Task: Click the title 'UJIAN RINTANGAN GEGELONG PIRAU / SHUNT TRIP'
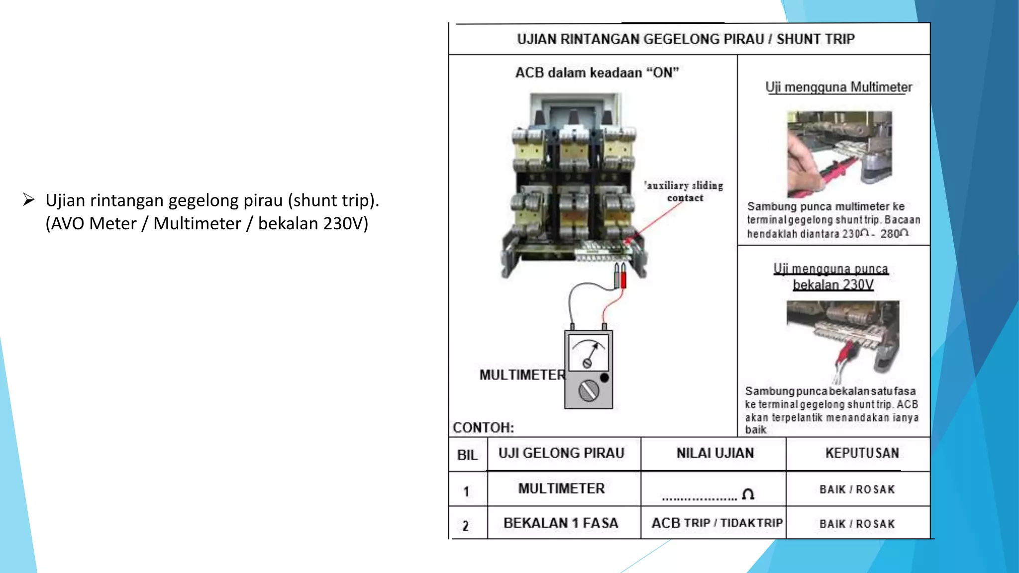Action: pos(686,39)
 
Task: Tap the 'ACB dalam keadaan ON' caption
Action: pos(597,73)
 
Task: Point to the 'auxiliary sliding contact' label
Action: pos(685,191)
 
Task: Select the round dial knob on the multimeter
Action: pos(589,390)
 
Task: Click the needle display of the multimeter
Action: pos(588,353)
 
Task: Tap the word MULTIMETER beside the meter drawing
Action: pos(522,375)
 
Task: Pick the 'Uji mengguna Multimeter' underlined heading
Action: pos(838,88)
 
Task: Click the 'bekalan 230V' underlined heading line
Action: pos(833,285)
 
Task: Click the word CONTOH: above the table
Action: pos(483,428)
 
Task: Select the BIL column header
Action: pos(467,455)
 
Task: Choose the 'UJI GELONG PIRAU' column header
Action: pos(561,453)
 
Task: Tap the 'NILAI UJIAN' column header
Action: pos(714,453)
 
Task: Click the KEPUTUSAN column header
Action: pos(862,453)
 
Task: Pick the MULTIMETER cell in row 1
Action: pos(561,488)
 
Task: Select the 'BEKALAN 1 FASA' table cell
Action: pos(561,523)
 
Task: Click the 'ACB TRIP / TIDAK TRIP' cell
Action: pos(716,523)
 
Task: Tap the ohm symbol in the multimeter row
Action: pos(748,494)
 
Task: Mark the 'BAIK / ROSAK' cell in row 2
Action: pos(857,524)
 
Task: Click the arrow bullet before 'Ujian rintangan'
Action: pos(28,200)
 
